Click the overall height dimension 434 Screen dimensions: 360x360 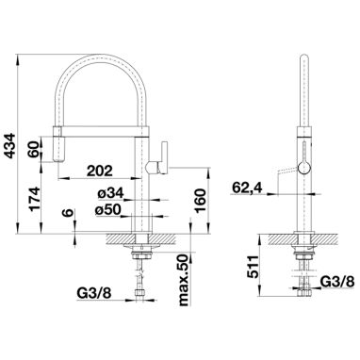tap(11, 146)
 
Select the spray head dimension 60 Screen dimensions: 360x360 tap(34, 149)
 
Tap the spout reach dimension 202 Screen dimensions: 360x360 tap(99, 171)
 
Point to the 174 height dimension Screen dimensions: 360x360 tap(35, 199)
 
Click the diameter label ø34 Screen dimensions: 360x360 tap(110, 194)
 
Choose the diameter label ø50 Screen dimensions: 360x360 tap(108, 210)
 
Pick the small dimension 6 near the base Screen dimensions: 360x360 tap(68, 213)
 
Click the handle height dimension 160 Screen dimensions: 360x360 tap(201, 201)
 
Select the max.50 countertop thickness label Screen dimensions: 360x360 tap(184, 280)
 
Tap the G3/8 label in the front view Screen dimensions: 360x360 tap(94, 293)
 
